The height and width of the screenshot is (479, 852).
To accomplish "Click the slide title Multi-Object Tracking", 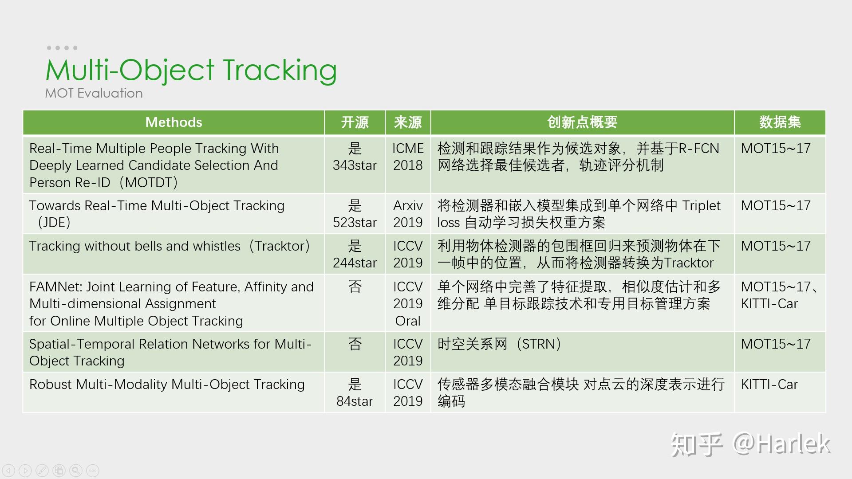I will point(191,70).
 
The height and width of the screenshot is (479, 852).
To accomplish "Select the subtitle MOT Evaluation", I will point(94,93).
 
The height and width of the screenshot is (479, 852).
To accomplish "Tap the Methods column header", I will point(174,122).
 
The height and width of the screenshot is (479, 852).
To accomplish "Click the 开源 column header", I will point(355,122).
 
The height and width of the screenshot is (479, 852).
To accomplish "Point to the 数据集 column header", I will point(779,122).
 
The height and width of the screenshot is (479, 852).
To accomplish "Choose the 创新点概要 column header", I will point(582,122).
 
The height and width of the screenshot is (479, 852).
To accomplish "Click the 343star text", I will point(355,165).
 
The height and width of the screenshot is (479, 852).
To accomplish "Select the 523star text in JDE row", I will point(355,223).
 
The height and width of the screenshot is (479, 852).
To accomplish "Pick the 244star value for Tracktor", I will point(355,263).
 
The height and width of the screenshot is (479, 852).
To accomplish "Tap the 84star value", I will point(355,401).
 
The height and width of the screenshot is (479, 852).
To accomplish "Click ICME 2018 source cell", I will point(408,157).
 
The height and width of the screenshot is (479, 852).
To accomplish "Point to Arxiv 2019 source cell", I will point(408,214).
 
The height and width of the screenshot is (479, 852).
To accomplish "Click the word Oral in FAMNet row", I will point(408,321).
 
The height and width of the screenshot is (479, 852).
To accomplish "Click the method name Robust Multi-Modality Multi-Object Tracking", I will point(167,385).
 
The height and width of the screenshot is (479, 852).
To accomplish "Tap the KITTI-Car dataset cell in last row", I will point(769,385).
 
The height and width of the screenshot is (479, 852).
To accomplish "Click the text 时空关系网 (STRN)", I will point(499,344).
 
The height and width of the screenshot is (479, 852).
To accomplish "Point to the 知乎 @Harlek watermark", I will point(750,444).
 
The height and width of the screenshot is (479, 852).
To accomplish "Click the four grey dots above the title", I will point(62,48).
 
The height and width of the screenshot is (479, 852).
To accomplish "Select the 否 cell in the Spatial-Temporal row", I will point(355,344).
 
